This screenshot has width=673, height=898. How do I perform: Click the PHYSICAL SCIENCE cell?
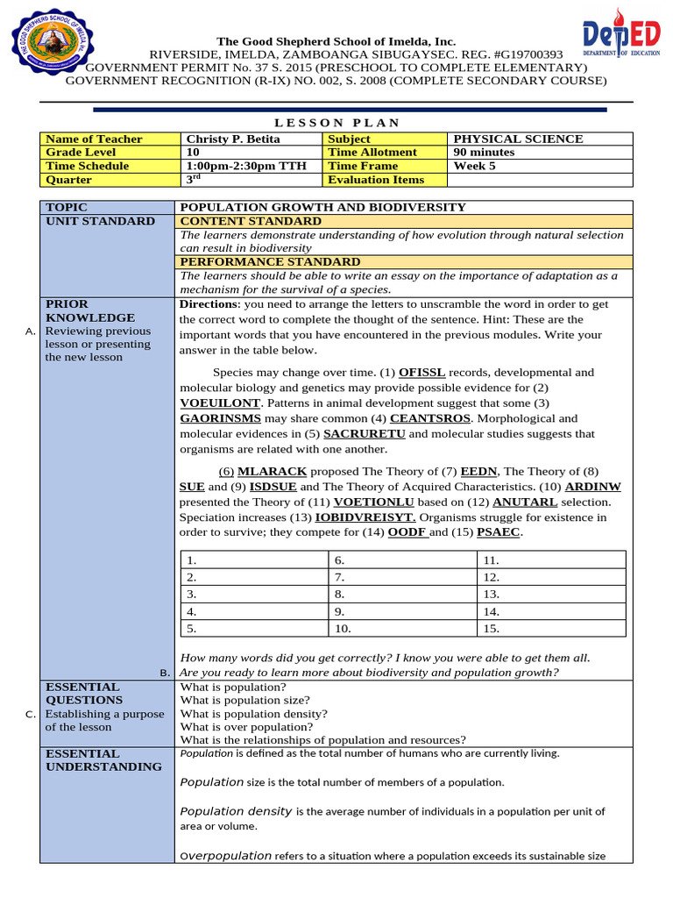click(518, 139)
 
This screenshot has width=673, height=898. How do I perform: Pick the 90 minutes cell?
click(484, 152)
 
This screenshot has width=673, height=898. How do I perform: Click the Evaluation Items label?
click(375, 180)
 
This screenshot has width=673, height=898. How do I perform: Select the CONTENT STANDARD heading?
click(251, 221)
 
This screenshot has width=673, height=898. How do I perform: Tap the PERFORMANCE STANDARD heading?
click(270, 261)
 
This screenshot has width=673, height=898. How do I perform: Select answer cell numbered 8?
click(403, 594)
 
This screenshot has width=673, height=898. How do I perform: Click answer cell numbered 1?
click(254, 559)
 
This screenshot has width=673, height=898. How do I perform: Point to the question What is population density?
click(254, 714)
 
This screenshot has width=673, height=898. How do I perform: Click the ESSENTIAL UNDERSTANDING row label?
click(103, 760)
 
